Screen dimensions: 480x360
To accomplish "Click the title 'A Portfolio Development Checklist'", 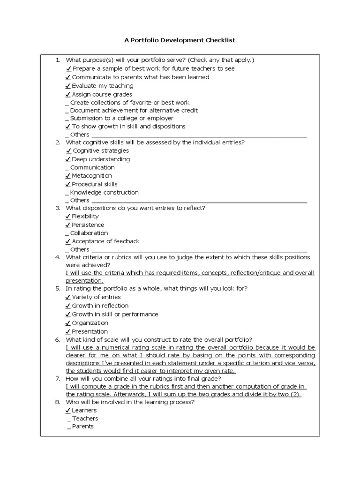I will (x=180, y=40).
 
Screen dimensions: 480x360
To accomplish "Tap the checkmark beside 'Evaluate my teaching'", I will (x=68, y=86).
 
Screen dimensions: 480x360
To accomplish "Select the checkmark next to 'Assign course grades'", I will (x=68, y=94).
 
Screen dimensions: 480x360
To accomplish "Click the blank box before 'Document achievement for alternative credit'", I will (x=67, y=111).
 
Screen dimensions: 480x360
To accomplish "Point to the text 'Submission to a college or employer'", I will (x=121, y=118).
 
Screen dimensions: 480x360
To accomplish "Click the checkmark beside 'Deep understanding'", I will (x=68, y=159).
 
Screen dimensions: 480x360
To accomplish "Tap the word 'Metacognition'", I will (x=92, y=176).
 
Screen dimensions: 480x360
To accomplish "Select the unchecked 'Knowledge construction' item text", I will (x=104, y=192).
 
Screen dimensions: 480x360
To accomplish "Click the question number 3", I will (x=57, y=208).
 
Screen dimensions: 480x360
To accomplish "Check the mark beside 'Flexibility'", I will (x=68, y=217).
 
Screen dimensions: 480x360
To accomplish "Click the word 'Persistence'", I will (x=88, y=225).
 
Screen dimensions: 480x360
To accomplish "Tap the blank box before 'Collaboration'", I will (x=67, y=233).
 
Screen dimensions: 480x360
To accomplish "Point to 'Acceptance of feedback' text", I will (x=106, y=241).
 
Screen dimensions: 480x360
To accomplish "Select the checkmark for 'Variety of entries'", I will (x=68, y=297).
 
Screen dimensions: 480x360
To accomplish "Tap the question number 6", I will (x=57, y=340).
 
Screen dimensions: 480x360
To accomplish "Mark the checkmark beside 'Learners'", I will (x=68, y=411).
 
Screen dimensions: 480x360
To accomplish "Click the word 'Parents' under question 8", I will (x=83, y=427).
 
